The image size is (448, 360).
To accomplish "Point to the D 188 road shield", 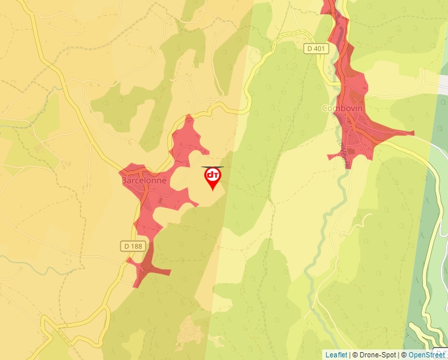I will click(x=132, y=245).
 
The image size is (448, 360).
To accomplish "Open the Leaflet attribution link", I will click(x=336, y=355).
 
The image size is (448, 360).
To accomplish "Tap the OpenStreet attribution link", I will click(x=426, y=355).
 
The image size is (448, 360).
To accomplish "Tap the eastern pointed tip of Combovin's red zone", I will click(x=412, y=133).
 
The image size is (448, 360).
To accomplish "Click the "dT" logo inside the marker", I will click(x=213, y=175).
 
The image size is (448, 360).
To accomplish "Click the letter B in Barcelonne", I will click(x=124, y=179).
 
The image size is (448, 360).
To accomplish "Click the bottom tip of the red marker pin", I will click(x=213, y=190).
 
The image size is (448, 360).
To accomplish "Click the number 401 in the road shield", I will click(x=320, y=48).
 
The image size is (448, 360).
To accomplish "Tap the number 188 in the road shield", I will click(x=136, y=245).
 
